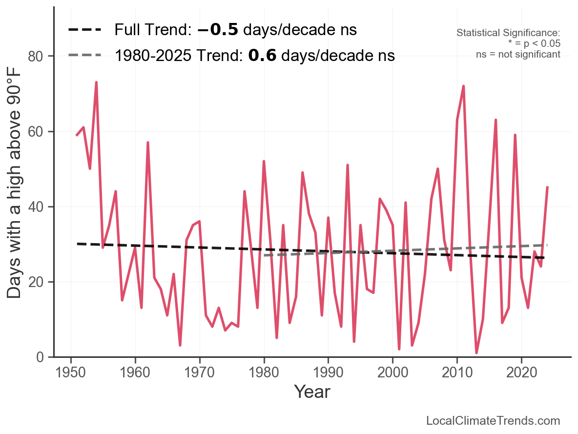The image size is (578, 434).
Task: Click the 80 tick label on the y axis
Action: coord(40,57)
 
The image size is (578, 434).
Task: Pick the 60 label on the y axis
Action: coord(40,132)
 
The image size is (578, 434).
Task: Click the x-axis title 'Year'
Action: coord(312,392)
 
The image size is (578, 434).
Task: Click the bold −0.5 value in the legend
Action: coord(218,30)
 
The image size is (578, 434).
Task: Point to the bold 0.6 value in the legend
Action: coord(262,56)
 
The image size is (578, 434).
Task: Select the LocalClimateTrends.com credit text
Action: coord(493,421)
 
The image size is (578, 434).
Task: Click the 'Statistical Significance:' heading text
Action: coord(508,33)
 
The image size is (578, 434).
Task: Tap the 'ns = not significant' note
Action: coord(518,54)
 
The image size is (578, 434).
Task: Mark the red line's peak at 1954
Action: coord(96,83)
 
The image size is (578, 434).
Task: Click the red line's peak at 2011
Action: coord(463,86)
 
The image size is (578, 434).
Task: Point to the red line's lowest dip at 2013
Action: coord(476,352)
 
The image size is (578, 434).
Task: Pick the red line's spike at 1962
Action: coord(147,143)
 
